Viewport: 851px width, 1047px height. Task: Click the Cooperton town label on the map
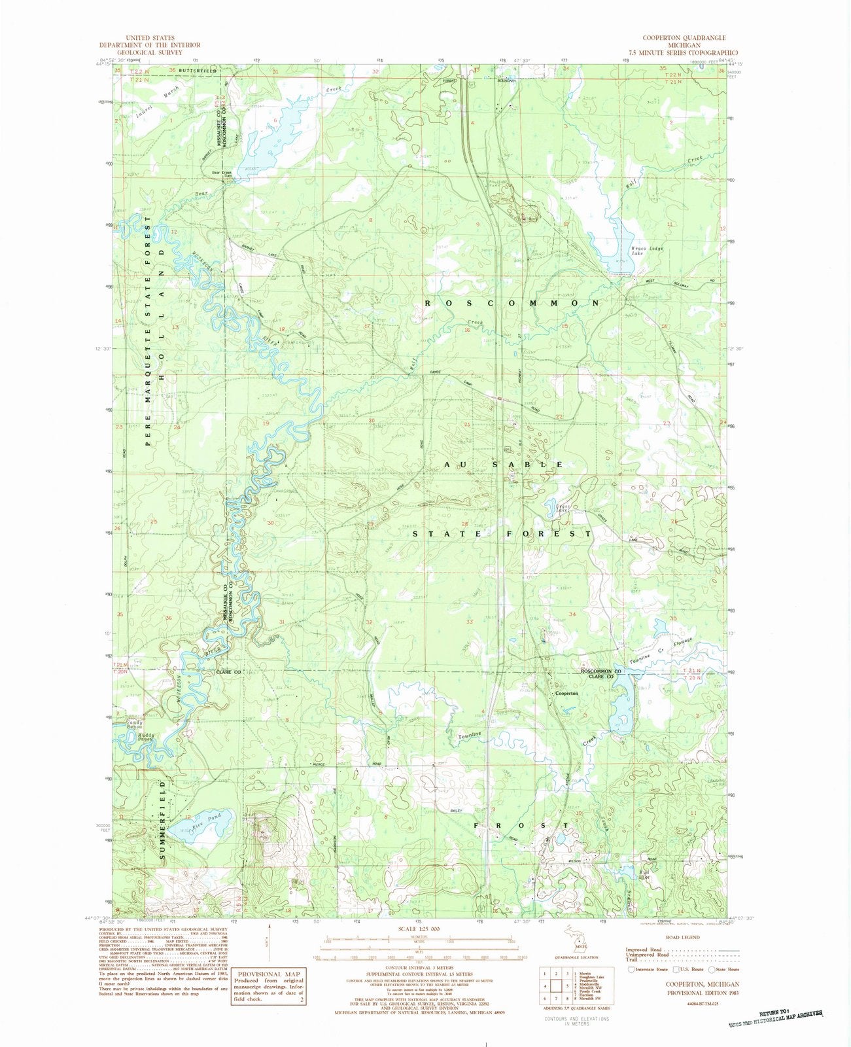tap(566, 693)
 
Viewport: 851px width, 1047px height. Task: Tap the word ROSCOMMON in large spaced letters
tap(512, 304)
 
